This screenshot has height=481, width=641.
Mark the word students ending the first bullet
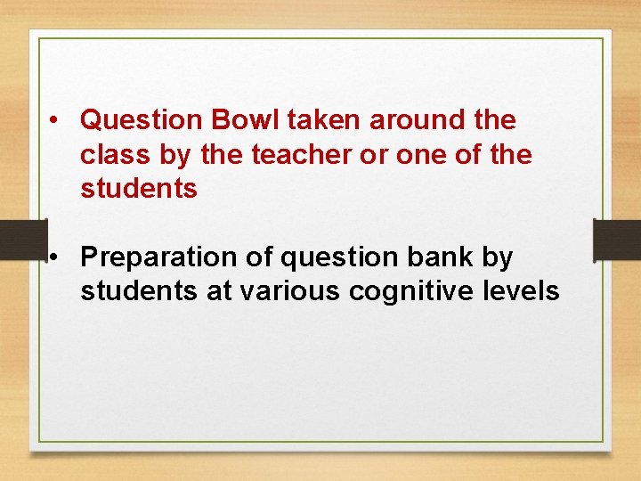click(x=138, y=189)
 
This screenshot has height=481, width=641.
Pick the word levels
click(x=524, y=291)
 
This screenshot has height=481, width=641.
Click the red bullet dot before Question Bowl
click(x=55, y=120)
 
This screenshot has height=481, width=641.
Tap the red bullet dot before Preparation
click(x=55, y=258)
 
